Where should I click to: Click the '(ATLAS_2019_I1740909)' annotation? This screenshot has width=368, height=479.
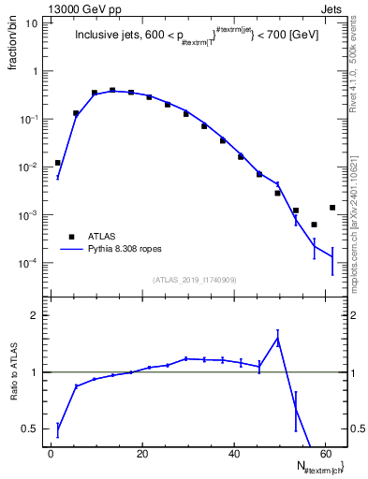194,280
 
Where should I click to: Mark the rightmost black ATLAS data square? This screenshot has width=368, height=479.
332,208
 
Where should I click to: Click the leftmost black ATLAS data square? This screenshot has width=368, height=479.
58,163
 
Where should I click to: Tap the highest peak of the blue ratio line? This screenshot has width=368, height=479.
277,339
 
